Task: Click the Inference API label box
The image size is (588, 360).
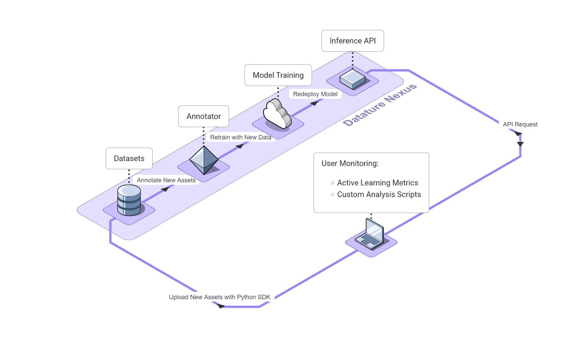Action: (x=352, y=41)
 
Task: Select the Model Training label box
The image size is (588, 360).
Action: (x=278, y=75)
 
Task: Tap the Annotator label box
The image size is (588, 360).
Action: (x=204, y=116)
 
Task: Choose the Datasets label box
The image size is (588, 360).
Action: (x=129, y=158)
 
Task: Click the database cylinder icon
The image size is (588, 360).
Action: (x=129, y=200)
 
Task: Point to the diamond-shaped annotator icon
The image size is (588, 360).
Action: (x=204, y=160)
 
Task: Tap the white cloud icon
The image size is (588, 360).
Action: (x=277, y=114)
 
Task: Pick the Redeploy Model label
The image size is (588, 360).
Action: (x=315, y=94)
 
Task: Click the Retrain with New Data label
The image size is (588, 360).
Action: (x=241, y=137)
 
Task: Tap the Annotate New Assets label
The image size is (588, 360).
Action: (x=166, y=180)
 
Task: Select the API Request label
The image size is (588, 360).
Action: (x=520, y=125)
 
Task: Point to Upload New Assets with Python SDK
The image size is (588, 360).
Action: (x=219, y=297)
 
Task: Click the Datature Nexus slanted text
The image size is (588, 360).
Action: (x=380, y=105)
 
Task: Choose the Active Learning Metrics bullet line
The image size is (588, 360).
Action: (x=377, y=183)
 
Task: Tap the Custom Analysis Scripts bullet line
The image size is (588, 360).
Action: (x=379, y=195)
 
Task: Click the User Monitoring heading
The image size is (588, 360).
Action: (x=350, y=163)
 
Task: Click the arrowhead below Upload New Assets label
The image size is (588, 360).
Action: (x=221, y=306)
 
